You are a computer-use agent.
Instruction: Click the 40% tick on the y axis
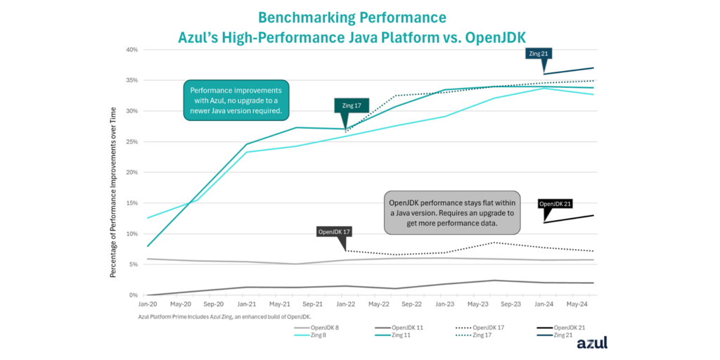[x=132, y=50]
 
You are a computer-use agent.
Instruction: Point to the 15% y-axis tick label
[x=132, y=203]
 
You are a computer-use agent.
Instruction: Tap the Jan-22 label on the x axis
[x=346, y=304]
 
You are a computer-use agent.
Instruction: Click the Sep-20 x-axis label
[x=213, y=304]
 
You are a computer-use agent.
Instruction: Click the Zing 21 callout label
[x=539, y=53]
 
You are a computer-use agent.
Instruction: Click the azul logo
[x=591, y=343]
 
